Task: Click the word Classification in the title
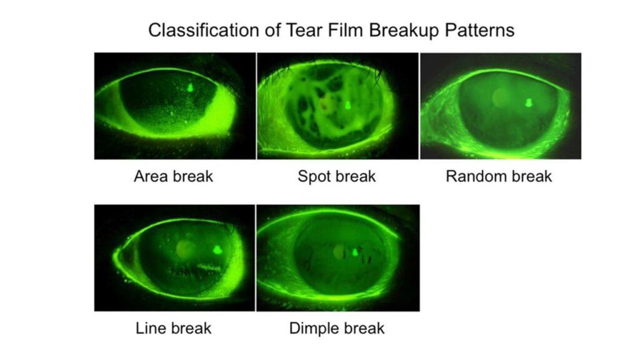pos(204,30)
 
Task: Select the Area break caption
pos(174,176)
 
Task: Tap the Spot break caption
pos(337,177)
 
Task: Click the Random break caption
pos(499,176)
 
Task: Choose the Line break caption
pos(174,328)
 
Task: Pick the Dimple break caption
pos(337,329)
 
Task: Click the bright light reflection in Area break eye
pos(190,87)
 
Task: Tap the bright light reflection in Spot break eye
pos(348,105)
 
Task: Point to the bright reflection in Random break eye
pos(528,102)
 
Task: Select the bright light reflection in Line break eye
pos(217,249)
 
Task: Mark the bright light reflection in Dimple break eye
pos(355,252)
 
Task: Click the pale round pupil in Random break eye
pos(501,97)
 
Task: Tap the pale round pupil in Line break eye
pos(186,249)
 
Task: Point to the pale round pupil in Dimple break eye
pos(339,251)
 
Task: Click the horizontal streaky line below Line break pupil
pos(194,270)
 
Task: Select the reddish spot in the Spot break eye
pos(325,104)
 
